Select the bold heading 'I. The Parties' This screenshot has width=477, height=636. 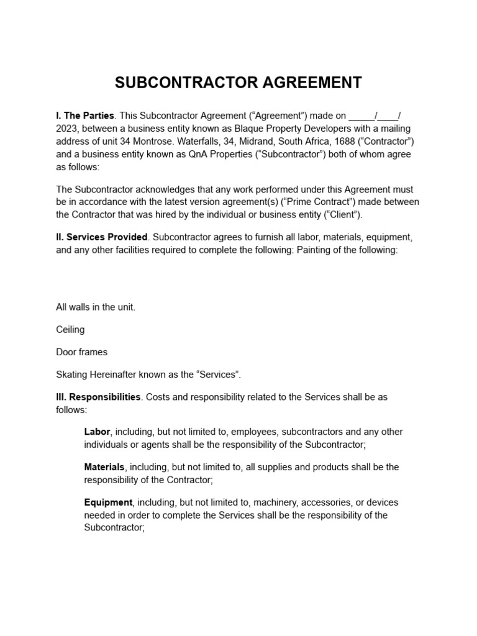85,116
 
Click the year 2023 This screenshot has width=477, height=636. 66,129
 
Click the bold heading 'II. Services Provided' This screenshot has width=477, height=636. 102,237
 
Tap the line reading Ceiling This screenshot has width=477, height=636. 70,330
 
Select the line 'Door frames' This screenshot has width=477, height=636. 81,352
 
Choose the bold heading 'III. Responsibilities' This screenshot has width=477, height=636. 99,397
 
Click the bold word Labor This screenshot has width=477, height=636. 97,432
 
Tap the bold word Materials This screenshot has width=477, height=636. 104,467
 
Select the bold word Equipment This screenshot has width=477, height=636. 108,502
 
